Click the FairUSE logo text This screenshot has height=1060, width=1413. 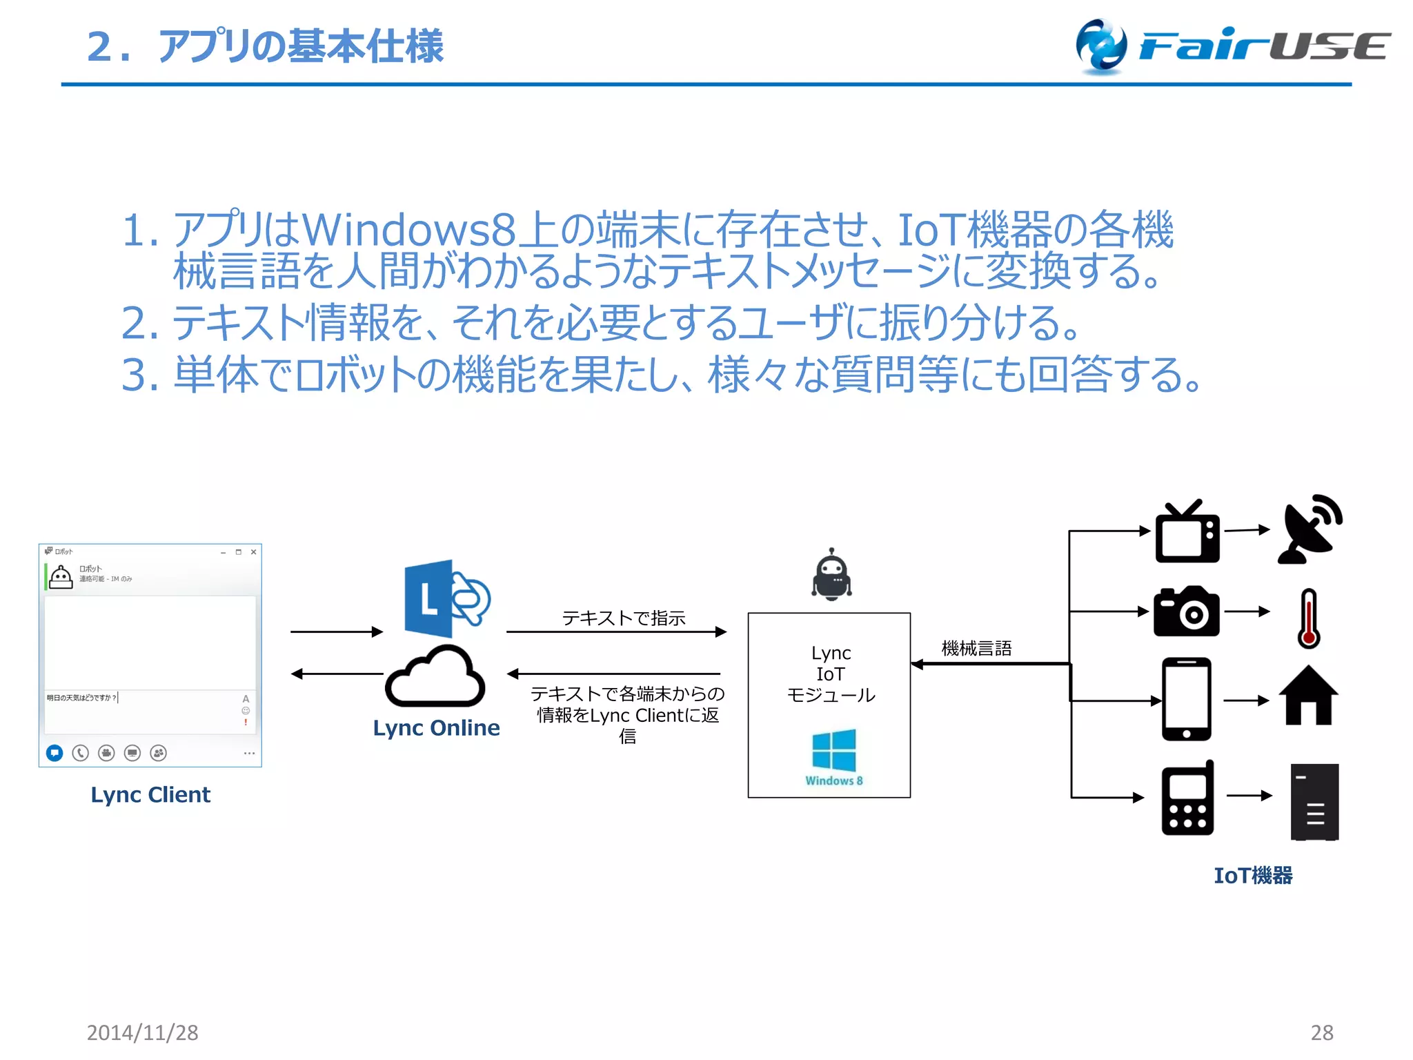[x=1263, y=47]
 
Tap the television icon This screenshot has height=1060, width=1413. [x=1187, y=533]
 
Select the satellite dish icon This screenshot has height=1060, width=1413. [x=1309, y=530]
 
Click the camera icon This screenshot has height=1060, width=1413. [x=1186, y=612]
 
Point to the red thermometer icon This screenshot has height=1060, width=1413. [x=1308, y=618]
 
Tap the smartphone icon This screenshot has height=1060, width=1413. [x=1186, y=698]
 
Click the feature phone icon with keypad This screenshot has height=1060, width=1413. [x=1187, y=799]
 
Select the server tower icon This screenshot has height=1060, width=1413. [x=1314, y=802]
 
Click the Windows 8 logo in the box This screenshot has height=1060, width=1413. [x=833, y=751]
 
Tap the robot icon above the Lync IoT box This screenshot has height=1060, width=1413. [x=831, y=574]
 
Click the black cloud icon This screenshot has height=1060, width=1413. [x=435, y=678]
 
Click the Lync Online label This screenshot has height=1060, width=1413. [x=436, y=728]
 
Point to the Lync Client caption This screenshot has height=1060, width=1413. [x=150, y=795]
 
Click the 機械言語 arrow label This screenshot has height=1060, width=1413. [x=976, y=649]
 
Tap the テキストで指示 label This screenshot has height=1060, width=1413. [x=624, y=618]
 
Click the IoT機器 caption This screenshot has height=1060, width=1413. [x=1253, y=876]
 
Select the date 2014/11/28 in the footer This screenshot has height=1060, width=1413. [x=142, y=1032]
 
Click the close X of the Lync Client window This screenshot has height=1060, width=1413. [x=253, y=552]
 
